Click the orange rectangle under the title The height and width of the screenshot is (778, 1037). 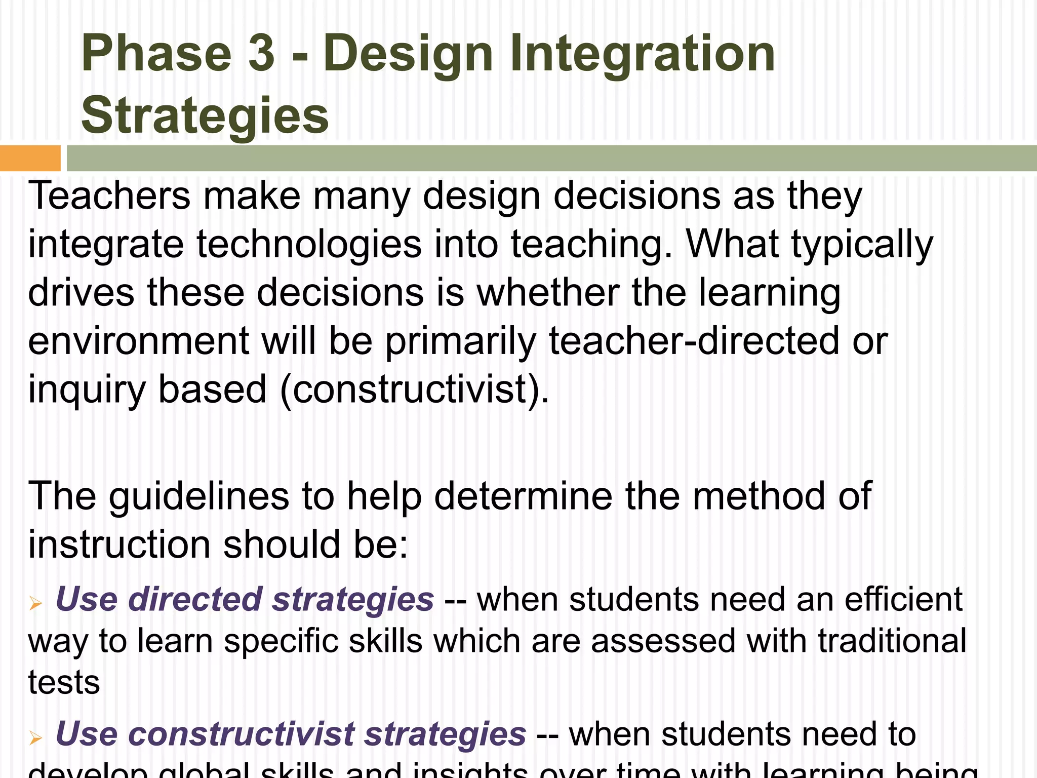[30, 158]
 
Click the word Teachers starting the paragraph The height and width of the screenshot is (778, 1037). [109, 196]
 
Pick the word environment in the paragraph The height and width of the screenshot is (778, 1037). [138, 341]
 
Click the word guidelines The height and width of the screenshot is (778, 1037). [198, 496]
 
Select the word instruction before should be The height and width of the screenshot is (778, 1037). [119, 545]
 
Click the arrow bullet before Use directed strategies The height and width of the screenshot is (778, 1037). [35, 603]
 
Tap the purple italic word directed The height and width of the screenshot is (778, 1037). [194, 600]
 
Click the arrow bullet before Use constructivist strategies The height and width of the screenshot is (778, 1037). [35, 737]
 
